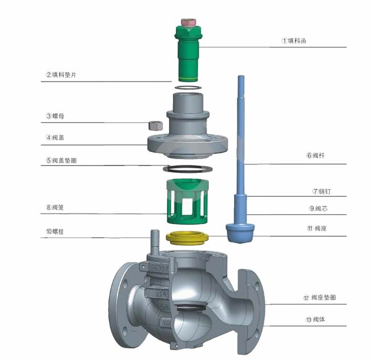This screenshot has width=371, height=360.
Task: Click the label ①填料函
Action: pyautogui.click(x=294, y=41)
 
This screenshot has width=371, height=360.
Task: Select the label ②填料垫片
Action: pyautogui.click(x=61, y=75)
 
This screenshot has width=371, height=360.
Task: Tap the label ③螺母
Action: pyautogui.click(x=55, y=116)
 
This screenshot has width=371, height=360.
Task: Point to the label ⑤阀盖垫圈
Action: pyautogui.click(x=61, y=160)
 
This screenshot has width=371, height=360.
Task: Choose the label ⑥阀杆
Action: pyautogui.click(x=316, y=155)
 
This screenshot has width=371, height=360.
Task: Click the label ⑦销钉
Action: pyautogui.click(x=322, y=191)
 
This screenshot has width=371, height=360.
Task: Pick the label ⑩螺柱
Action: pyautogui.click(x=55, y=231)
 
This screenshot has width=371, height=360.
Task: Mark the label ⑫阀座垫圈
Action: pyautogui.click(x=320, y=297)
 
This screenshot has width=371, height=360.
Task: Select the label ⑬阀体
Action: pyautogui.click(x=316, y=319)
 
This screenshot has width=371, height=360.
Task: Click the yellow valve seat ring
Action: pyautogui.click(x=187, y=239)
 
